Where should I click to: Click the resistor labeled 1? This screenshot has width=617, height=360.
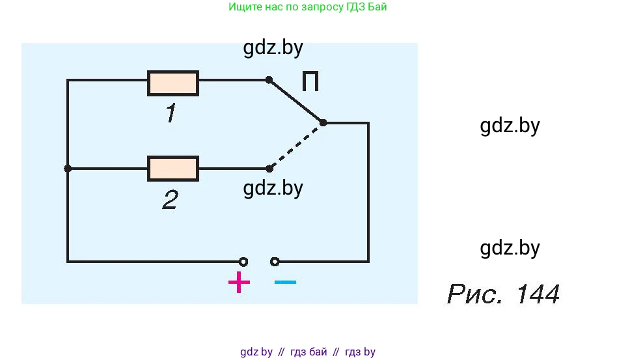[x=173, y=83]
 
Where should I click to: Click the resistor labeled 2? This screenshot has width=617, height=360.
[x=173, y=168]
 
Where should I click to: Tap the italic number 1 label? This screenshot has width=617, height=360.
[x=170, y=115]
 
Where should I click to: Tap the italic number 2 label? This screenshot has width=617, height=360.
[x=170, y=200]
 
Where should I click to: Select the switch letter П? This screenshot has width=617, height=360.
[x=310, y=83]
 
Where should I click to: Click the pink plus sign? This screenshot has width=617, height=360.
[x=239, y=283]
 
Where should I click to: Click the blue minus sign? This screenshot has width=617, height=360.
[x=285, y=283]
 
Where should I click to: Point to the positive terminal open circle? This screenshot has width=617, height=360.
[x=243, y=262]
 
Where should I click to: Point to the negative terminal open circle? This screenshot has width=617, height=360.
[x=275, y=262]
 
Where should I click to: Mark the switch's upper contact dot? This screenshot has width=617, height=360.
[x=269, y=80]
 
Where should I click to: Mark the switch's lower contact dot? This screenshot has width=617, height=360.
[x=269, y=169]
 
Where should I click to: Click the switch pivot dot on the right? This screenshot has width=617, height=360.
[x=323, y=122]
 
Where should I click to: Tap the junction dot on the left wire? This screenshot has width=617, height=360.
[x=68, y=168]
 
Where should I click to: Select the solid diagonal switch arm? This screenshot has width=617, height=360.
[x=296, y=102]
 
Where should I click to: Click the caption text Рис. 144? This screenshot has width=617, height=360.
[x=503, y=295]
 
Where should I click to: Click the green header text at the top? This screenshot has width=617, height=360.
[x=312, y=7]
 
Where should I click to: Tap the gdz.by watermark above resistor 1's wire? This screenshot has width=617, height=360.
[x=273, y=48]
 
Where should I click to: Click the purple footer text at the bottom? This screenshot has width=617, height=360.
[x=308, y=352]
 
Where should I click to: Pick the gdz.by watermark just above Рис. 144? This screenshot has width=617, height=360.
[x=510, y=248]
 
